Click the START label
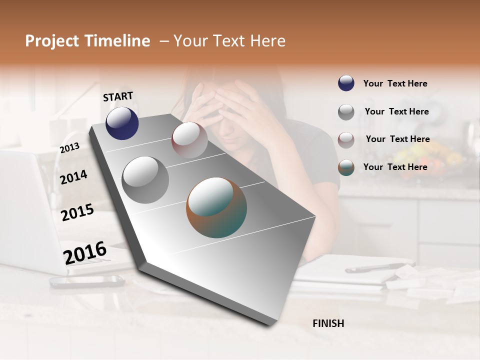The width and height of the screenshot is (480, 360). coord(118,96)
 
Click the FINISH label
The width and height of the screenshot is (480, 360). coord(328,323)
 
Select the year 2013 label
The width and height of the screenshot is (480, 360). coord(69,148)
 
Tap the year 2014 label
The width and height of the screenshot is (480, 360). coord(73,177)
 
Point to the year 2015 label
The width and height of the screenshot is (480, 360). coord(77,212)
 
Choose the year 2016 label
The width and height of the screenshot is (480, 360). coord(85,252)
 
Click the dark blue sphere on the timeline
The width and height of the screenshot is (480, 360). coord(122,123)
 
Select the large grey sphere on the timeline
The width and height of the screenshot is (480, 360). coord(145,180)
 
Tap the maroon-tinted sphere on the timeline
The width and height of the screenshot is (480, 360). coord(189,140)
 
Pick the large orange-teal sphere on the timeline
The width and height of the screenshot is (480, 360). coord(216,207)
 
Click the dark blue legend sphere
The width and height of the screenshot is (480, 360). coord(346,83)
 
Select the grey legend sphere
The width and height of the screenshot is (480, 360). coord(346,111)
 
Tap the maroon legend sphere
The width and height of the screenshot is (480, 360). coord(346,139)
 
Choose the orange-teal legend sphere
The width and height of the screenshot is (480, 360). coord(346,167)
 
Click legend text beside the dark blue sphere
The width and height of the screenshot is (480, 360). coord(395,83)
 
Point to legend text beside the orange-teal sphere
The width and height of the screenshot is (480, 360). coord(395,167)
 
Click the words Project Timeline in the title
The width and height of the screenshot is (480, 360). coord(87,41)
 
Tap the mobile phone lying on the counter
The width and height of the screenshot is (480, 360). coord(87,281)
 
